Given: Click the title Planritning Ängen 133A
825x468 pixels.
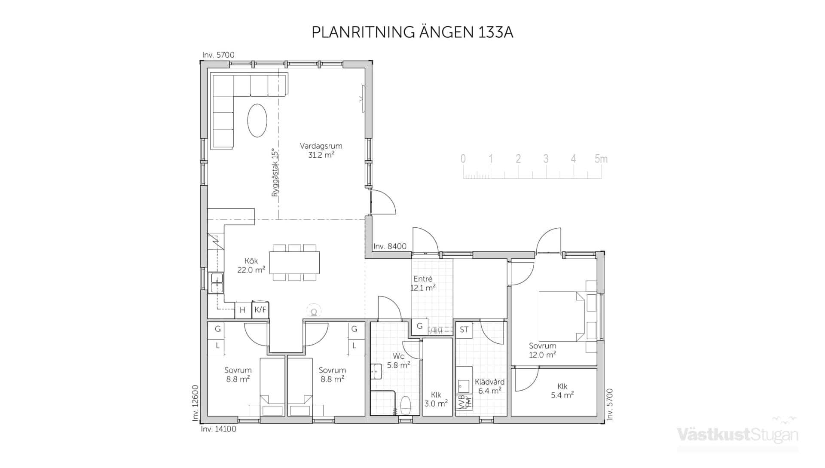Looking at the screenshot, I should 412,32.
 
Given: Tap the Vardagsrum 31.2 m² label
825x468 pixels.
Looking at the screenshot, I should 321,150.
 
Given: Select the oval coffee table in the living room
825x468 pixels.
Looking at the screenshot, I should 257,120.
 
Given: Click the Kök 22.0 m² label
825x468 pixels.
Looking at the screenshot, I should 251,266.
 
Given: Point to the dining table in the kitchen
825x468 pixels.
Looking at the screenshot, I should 294,263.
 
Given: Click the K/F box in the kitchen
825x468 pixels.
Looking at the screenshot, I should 260,310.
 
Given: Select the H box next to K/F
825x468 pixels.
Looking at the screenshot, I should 242,310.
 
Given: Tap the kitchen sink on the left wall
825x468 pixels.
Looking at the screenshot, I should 217,283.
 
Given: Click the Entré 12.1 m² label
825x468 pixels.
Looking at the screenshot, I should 423,283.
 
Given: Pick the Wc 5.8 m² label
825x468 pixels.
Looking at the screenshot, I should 398,361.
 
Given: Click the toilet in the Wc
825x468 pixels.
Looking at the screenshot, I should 405,404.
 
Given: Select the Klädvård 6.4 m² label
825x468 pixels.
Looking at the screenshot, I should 489,386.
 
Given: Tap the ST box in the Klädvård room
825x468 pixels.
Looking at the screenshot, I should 464,330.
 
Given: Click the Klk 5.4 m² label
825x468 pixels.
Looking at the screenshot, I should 562,391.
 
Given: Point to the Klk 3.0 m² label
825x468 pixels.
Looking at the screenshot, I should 436,399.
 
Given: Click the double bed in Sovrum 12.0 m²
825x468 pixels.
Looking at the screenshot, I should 561,316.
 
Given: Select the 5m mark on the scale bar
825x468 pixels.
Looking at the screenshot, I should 601,159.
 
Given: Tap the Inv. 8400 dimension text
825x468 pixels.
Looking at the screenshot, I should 390,246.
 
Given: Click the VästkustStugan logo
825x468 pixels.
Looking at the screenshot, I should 737,435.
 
